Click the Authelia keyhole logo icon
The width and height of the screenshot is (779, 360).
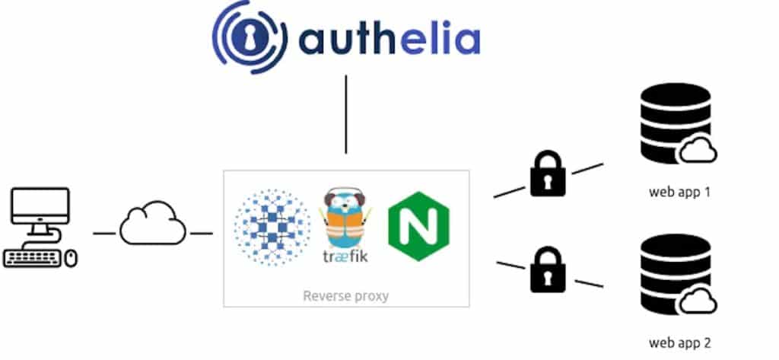tap(250, 37)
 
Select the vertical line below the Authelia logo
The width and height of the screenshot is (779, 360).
tap(346, 114)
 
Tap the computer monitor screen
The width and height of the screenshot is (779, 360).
tap(40, 205)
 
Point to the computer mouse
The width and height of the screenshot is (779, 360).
tap(72, 259)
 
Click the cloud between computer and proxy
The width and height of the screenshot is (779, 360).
tap(153, 223)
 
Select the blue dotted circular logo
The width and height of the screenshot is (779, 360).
tap(272, 228)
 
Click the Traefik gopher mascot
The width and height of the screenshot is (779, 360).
tap(345, 218)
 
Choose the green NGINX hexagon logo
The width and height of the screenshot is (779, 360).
tap(419, 226)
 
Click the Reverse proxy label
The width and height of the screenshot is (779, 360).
tap(346, 296)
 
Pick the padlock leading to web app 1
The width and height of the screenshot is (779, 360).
tap(548, 174)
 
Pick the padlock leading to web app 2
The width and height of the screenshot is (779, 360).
tap(548, 271)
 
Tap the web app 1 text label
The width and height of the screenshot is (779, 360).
tap(679, 192)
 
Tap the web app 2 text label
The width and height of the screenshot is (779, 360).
tap(679, 342)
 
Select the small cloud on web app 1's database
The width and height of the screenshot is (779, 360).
tap(698, 150)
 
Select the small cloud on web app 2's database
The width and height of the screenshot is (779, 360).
tap(698, 301)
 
